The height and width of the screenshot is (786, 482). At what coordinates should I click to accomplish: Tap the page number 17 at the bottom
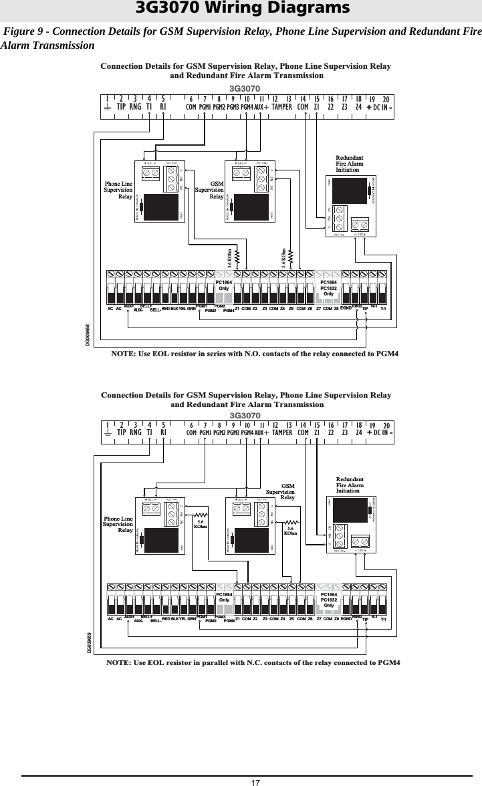point(255,782)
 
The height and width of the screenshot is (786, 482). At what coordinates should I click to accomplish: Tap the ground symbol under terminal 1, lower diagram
point(108,432)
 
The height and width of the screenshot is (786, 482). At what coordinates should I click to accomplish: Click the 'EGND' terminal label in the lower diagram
point(346,620)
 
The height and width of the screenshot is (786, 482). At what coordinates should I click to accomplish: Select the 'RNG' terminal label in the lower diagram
point(136,432)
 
